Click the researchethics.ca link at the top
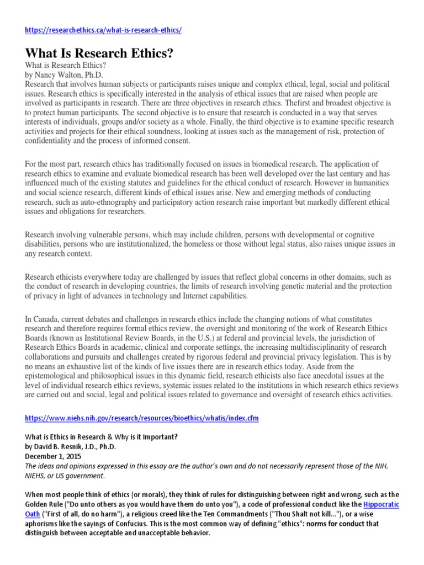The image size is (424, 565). point(103,30)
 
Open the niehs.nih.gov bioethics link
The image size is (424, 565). point(142,419)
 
